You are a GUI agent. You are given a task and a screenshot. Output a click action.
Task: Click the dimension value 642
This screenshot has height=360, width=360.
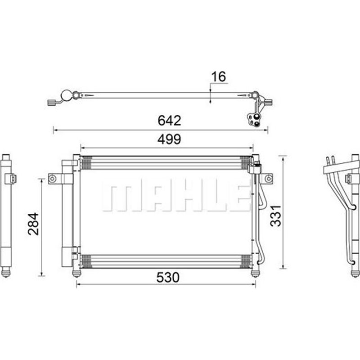(x=169, y=120)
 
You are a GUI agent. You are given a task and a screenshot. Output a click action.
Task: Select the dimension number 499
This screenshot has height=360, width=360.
(x=169, y=139)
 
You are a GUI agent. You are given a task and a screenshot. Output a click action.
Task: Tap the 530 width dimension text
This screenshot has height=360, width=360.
(x=167, y=277)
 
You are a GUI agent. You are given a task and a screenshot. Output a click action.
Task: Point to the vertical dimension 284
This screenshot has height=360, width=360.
(x=33, y=224)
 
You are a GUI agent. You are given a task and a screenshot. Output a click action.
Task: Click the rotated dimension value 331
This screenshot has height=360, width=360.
(x=275, y=216)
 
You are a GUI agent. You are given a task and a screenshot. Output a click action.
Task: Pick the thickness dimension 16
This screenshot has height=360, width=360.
(x=218, y=76)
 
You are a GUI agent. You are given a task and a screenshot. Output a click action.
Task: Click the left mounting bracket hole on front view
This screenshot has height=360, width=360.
(x=53, y=178)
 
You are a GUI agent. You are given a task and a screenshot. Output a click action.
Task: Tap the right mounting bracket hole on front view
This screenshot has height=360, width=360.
(x=268, y=178)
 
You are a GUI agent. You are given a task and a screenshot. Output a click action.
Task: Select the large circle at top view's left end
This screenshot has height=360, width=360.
(x=66, y=95)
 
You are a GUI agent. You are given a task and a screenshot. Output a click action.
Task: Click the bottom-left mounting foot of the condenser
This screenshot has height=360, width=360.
(x=76, y=274)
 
